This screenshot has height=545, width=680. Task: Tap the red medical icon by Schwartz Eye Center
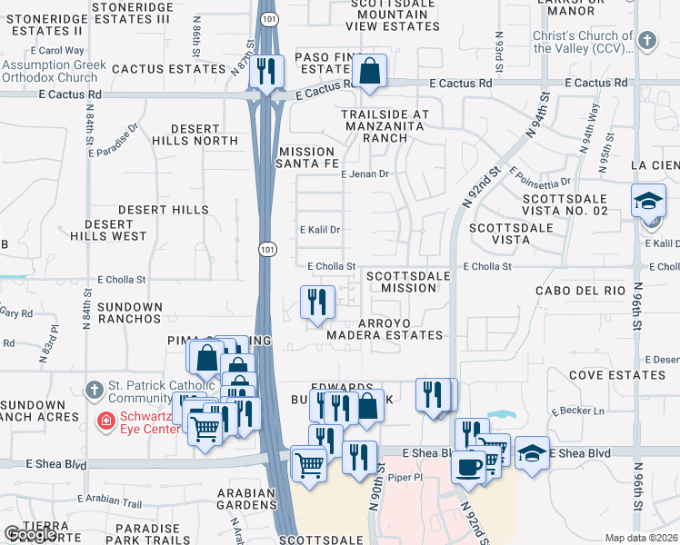click(106, 421)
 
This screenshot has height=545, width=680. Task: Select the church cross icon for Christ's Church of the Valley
click(646, 41)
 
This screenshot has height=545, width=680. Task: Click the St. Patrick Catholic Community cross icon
click(94, 391)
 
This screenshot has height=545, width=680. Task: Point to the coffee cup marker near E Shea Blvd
click(469, 466)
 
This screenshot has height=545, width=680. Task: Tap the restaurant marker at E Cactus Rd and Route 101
click(266, 71)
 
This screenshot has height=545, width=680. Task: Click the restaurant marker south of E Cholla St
click(316, 302)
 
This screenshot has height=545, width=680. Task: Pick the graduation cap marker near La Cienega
click(648, 200)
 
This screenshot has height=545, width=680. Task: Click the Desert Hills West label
click(115, 230)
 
